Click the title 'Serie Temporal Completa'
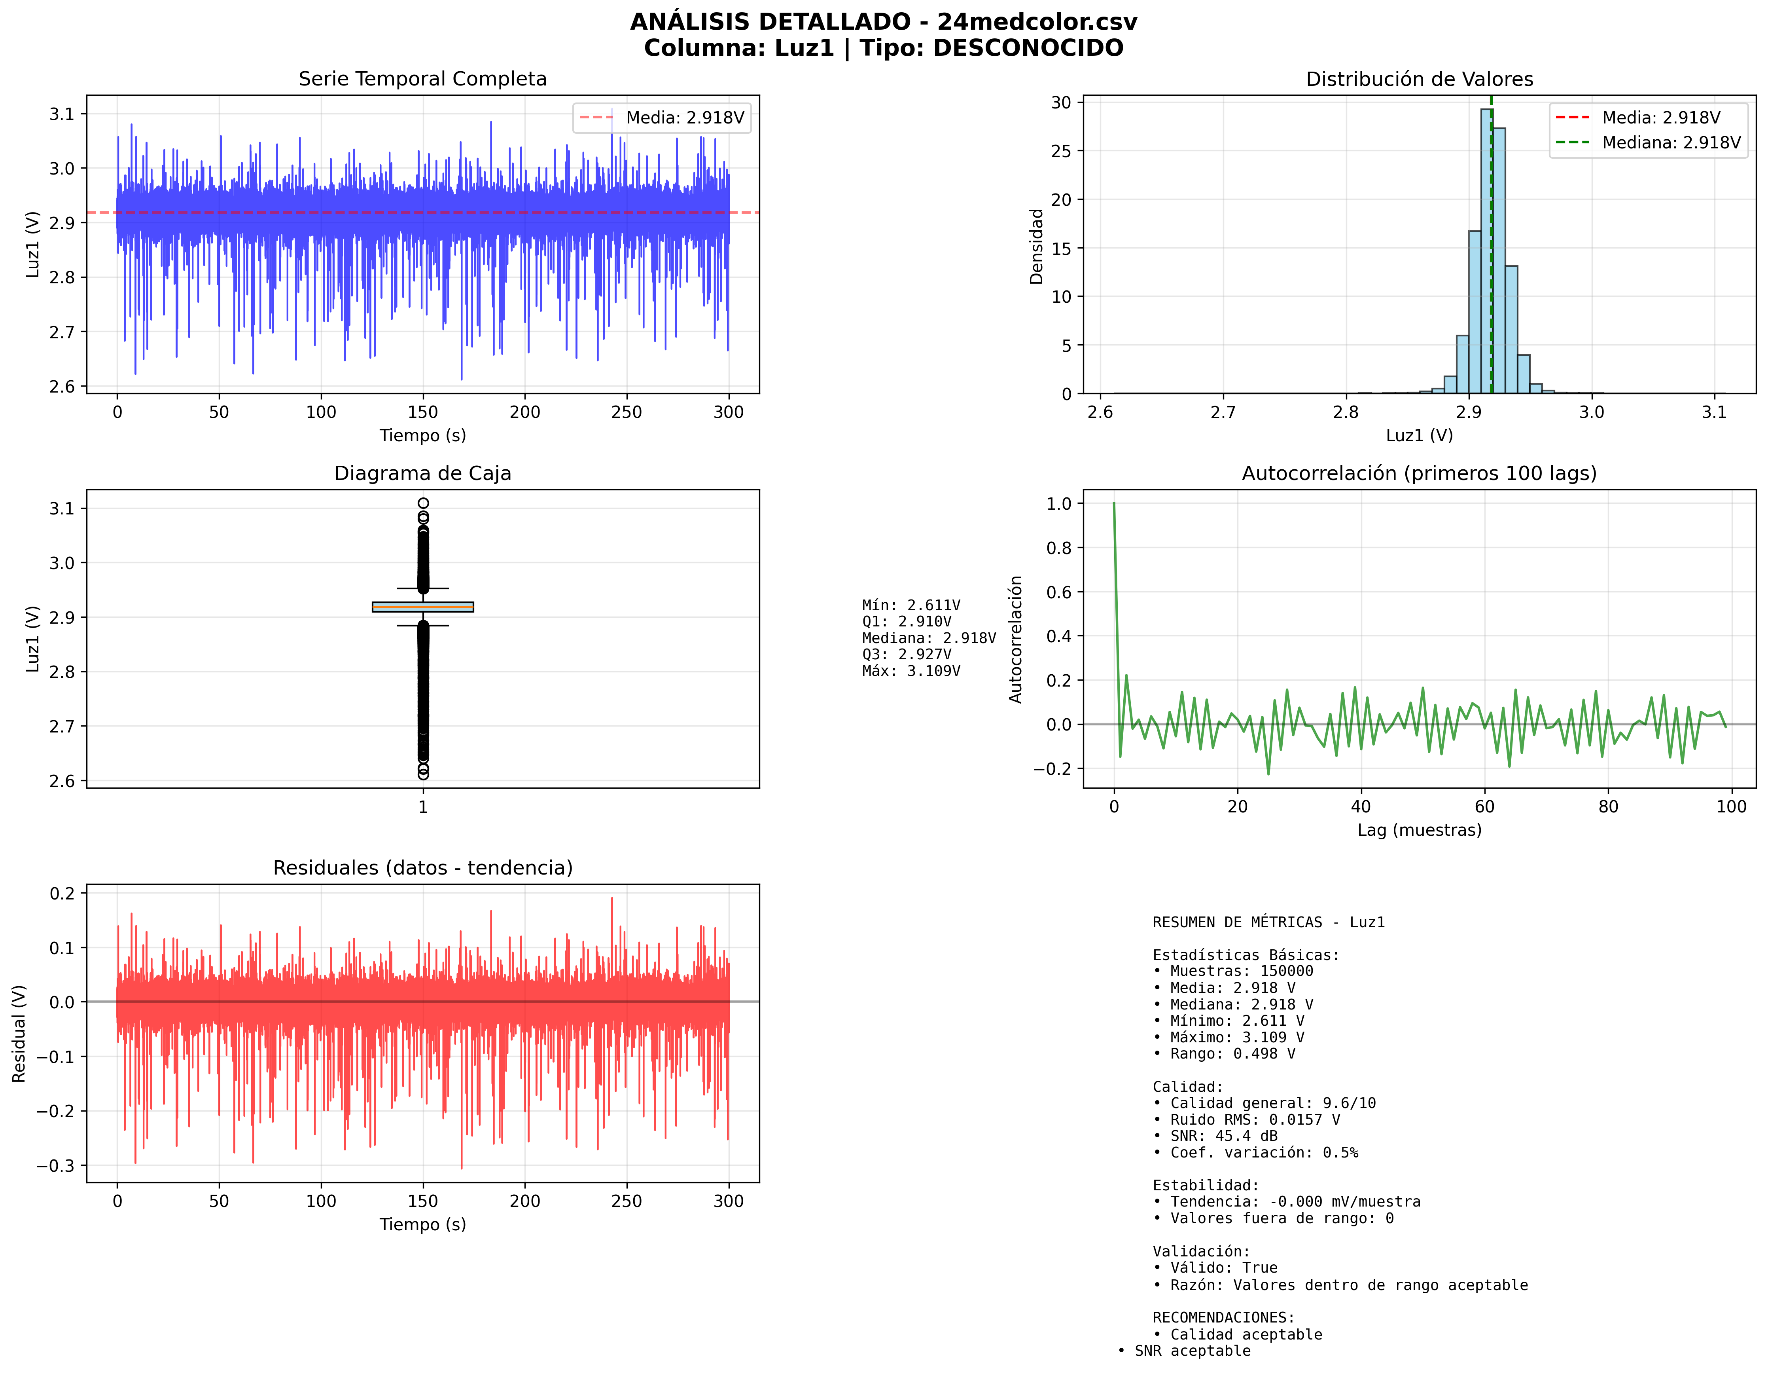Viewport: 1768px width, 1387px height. click(422, 79)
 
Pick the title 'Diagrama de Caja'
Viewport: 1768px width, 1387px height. click(422, 473)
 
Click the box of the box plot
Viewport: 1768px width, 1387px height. click(422, 607)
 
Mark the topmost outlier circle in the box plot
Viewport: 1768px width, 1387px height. click(423, 503)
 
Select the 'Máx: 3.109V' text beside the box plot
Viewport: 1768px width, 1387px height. click(911, 671)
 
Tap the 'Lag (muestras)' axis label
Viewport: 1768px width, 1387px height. click(1419, 830)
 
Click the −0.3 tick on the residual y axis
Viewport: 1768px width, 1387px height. click(55, 1165)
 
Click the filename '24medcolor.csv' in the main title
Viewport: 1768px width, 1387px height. click(1037, 22)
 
